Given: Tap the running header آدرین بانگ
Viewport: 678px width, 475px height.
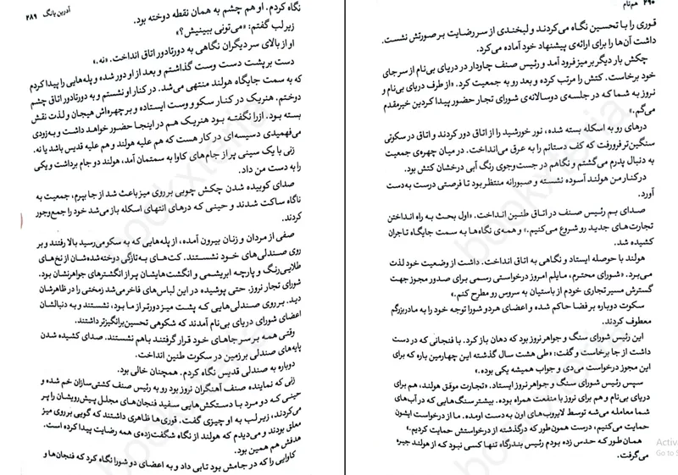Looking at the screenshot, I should coord(49,16).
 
